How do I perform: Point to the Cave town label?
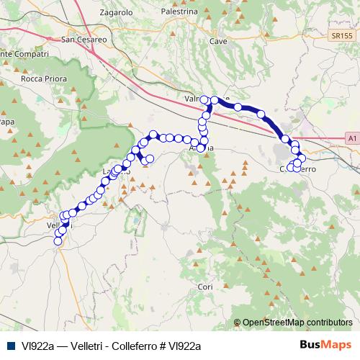tap(218, 42)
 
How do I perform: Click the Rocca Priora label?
tap(45, 78)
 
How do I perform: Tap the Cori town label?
tap(204, 287)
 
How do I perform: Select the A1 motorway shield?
tap(351, 136)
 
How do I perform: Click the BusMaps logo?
tap(325, 345)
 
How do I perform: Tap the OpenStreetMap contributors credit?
tap(297, 323)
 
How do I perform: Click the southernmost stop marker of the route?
tap(58, 242)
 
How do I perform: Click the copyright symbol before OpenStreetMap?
tap(238, 323)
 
